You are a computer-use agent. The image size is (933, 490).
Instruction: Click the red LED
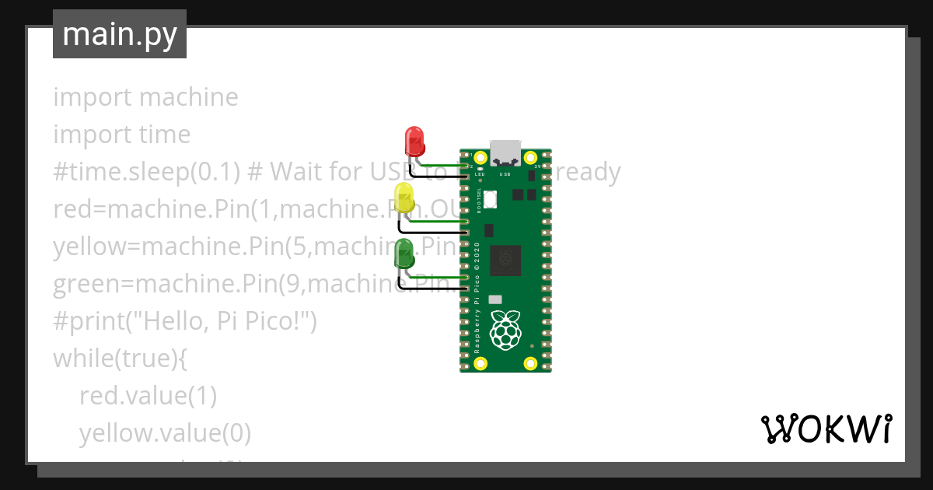[414, 142]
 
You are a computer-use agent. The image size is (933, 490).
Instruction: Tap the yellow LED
[404, 198]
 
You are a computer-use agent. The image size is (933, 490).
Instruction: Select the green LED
[404, 254]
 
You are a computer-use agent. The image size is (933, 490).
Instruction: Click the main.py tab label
[120, 34]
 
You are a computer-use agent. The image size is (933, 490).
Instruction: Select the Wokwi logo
[826, 429]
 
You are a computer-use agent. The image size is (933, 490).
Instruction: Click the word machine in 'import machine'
[189, 97]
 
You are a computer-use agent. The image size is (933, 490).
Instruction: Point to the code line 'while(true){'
[121, 359]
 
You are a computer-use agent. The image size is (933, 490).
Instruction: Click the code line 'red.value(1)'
[148, 396]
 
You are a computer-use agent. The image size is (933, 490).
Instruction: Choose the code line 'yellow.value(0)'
[165, 433]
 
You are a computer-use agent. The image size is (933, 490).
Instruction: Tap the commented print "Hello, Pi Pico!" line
[185, 321]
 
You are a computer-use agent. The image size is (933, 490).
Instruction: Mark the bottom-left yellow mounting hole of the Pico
[480, 362]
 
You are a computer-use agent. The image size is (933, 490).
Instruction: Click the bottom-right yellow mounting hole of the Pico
[530, 362]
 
